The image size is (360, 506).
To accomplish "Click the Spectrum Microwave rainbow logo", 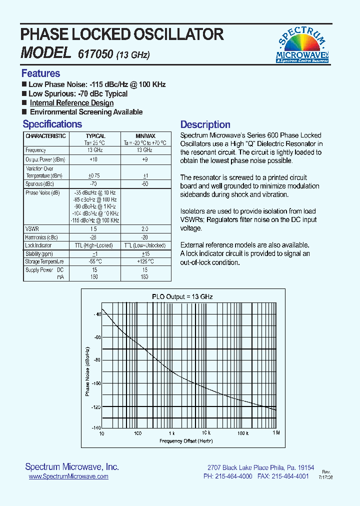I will (302, 45).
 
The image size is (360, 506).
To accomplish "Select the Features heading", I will (40, 73).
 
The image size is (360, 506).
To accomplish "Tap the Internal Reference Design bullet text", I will (71, 103).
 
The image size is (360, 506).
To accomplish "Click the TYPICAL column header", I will (95, 136).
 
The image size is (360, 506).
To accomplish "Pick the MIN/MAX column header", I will (145, 136).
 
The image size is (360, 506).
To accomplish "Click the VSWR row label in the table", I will (32, 228).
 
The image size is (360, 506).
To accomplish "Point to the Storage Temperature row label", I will (44, 261).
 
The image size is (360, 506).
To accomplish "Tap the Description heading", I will (205, 125).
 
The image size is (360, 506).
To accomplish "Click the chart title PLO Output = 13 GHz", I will (182, 296).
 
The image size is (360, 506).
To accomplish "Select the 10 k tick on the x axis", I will (205, 433).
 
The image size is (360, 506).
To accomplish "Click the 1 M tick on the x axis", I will (275, 433).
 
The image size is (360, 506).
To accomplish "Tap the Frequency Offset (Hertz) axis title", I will (186, 441).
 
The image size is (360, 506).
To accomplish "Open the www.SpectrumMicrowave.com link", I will (68, 477).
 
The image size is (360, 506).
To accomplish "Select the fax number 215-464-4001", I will (289, 477).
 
